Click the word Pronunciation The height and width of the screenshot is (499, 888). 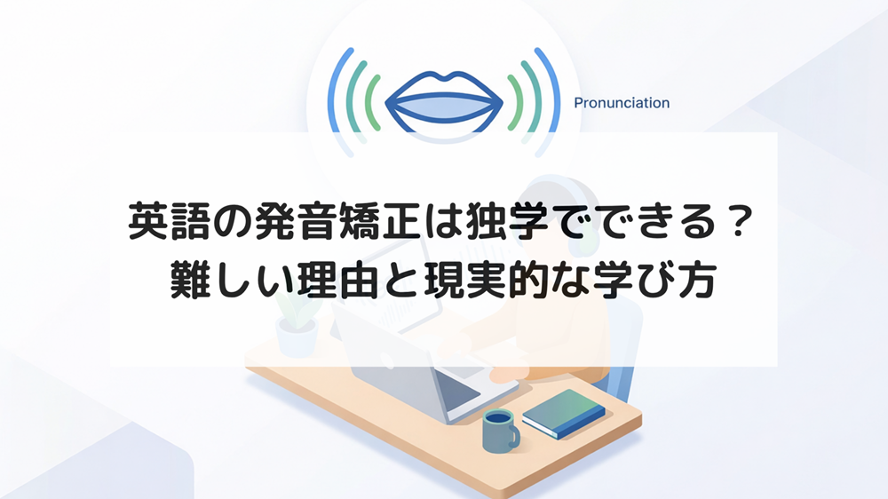[x=621, y=103]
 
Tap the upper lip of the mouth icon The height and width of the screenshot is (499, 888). [x=444, y=83]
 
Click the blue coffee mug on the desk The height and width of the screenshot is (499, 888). [x=499, y=431]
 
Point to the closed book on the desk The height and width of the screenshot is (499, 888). [x=564, y=412]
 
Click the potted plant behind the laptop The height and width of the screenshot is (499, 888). [x=297, y=329]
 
